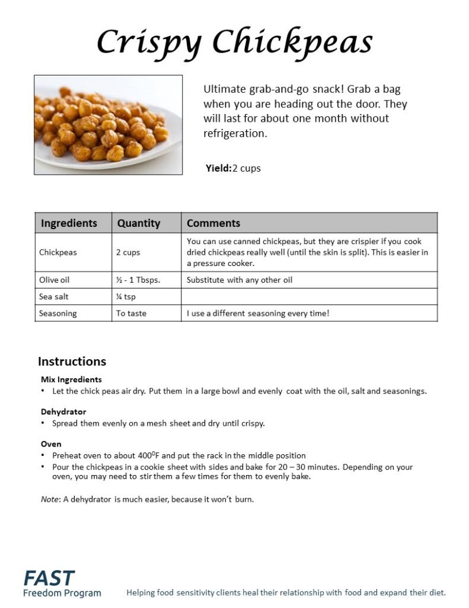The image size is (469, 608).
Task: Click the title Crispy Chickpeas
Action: [234, 42]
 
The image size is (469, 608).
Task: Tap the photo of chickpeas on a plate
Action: [108, 125]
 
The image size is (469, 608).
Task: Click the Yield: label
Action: [218, 168]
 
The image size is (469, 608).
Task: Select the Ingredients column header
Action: [69, 223]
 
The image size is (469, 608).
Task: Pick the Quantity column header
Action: [139, 223]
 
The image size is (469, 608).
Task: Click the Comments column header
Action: [213, 223]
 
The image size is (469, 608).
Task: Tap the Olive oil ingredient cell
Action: [55, 280]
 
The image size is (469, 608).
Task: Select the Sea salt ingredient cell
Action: [54, 296]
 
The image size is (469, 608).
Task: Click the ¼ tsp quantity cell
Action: [126, 296]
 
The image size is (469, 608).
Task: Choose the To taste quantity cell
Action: [131, 313]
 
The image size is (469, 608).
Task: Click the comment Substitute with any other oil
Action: [240, 280]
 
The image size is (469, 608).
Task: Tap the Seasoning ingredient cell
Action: [58, 313]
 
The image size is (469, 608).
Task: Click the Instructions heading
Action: [72, 361]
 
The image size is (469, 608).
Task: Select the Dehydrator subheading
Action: [63, 411]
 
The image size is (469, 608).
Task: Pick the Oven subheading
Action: [51, 444]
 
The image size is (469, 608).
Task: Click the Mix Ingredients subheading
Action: [71, 379]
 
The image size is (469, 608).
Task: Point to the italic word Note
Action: [49, 499]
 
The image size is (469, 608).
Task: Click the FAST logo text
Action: [49, 578]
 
